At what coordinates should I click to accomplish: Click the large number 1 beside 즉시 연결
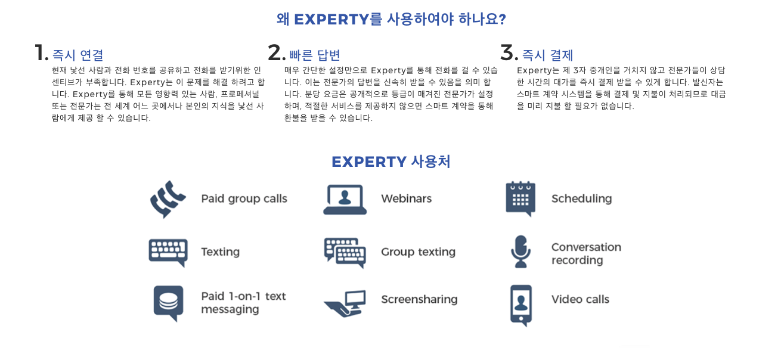(41, 53)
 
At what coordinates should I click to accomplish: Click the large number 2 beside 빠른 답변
(277, 53)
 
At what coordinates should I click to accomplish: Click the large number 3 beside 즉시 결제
(509, 53)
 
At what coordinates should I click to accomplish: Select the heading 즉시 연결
(78, 55)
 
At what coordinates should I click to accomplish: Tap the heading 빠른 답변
(315, 55)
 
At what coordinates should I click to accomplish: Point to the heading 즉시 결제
(547, 55)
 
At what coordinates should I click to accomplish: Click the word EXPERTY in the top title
(331, 20)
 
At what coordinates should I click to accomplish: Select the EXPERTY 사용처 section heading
(391, 162)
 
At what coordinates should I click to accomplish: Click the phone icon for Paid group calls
(168, 199)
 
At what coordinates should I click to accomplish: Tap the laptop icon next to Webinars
(345, 199)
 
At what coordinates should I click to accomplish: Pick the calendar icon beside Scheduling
(520, 198)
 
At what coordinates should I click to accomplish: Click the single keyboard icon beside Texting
(168, 252)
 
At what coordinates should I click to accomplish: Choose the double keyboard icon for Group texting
(345, 252)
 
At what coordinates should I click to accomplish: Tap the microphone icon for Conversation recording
(520, 251)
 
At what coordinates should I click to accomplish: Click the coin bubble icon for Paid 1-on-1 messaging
(168, 303)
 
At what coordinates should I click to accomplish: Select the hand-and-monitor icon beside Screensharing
(345, 303)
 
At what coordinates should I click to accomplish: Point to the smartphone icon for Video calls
(520, 305)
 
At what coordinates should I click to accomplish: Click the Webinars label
(406, 198)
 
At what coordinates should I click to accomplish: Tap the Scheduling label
(581, 198)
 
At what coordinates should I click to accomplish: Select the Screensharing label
(419, 299)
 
